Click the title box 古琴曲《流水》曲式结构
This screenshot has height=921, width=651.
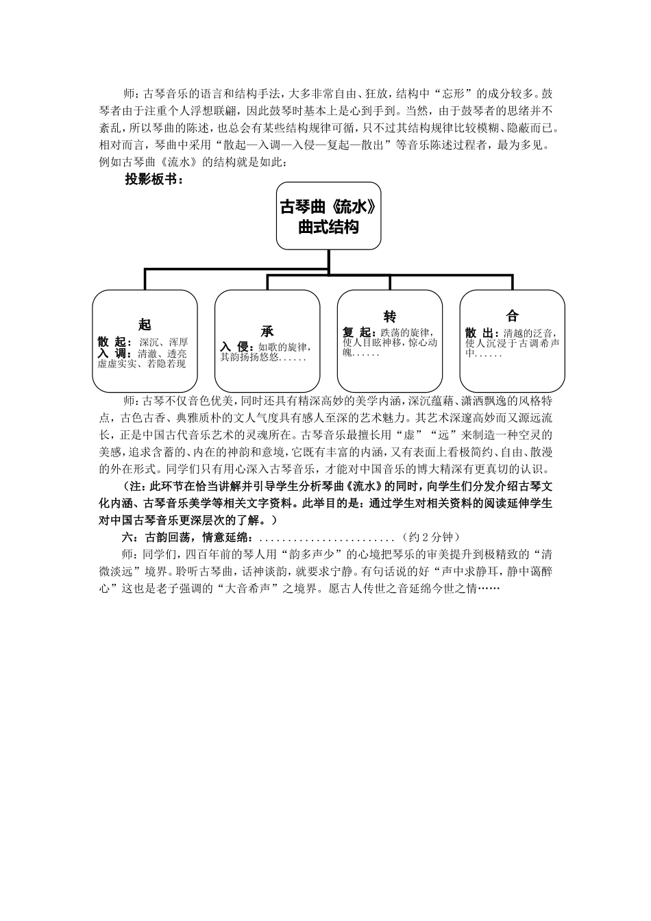tap(328, 216)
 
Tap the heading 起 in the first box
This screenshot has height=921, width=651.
tap(145, 325)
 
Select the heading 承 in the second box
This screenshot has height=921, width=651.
tap(267, 332)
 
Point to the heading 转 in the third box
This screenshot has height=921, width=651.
tap(389, 317)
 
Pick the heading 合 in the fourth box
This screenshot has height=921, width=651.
tap(512, 316)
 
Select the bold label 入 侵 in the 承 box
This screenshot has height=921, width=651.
tap(237, 347)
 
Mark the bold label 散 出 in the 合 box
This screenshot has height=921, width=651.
tap(482, 332)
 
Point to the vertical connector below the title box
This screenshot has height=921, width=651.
tap(329, 261)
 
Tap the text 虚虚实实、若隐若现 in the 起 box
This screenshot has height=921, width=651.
tap(141, 364)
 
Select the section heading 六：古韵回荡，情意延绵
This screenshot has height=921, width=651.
tap(190, 537)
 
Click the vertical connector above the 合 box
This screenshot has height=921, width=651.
tap(513, 282)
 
